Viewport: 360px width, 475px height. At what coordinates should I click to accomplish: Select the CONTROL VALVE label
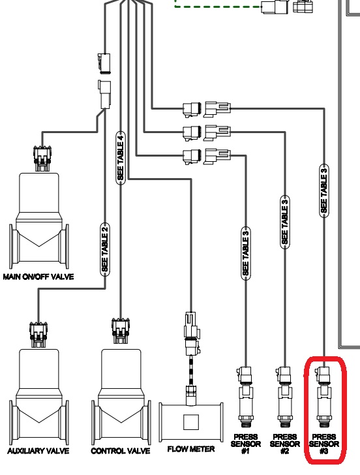[121, 451]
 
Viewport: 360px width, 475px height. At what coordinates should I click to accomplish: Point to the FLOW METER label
[191, 450]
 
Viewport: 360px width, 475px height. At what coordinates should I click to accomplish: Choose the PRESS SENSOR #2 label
[284, 444]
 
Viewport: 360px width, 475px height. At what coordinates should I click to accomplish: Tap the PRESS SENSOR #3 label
[323, 444]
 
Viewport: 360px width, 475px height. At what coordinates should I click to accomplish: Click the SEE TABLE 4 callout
[120, 157]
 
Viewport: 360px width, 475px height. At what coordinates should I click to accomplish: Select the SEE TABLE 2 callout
[104, 249]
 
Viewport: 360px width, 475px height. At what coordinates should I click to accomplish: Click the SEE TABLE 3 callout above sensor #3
[323, 190]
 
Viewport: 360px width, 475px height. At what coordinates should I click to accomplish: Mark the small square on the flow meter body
[190, 421]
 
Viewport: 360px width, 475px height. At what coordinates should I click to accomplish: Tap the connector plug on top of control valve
[121, 330]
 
